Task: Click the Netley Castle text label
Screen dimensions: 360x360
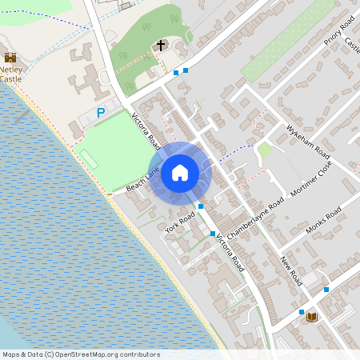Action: pyautogui.click(x=10, y=74)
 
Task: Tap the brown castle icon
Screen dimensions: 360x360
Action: pyautogui.click(x=10, y=58)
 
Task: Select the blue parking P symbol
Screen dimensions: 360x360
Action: pyautogui.click(x=101, y=114)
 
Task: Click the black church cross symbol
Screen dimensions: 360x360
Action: pyautogui.click(x=161, y=46)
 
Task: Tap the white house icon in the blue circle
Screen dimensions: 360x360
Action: pyautogui.click(x=180, y=172)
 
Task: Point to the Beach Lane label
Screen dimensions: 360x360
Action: pyautogui.click(x=143, y=180)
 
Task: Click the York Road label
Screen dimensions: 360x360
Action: pyautogui.click(x=180, y=223)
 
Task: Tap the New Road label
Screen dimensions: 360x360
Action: pyautogui.click(x=290, y=273)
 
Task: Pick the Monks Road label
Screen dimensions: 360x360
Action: pyautogui.click(x=323, y=220)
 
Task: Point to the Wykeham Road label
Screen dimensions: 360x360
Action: pyautogui.click(x=308, y=141)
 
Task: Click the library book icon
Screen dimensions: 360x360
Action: pyautogui.click(x=312, y=318)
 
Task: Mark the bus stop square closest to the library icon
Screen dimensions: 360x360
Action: pyautogui.click(x=302, y=312)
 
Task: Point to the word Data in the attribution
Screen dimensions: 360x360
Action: pyautogui.click(x=34, y=354)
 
